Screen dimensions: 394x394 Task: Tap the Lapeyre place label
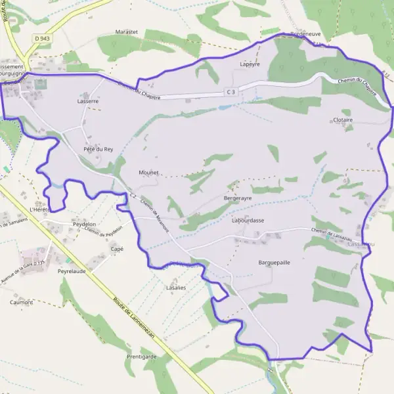tap(251, 64)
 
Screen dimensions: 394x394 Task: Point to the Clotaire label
tap(343, 121)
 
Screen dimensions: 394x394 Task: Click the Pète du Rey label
tap(98, 149)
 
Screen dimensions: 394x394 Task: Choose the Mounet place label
tap(149, 172)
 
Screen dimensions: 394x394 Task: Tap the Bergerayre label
tap(238, 198)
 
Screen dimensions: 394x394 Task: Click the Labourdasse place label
tap(248, 220)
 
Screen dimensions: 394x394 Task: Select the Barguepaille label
tap(274, 261)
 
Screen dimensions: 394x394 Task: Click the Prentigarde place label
tap(141, 357)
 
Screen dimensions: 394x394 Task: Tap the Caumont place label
tap(21, 302)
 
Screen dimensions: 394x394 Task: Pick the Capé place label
tap(117, 249)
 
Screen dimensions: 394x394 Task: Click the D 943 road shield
tap(42, 39)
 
